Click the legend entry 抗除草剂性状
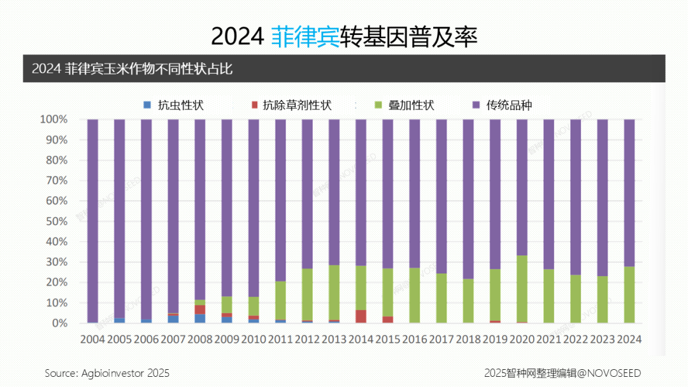tap(290, 105)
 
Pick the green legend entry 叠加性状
tap(404, 105)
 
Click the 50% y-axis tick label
tap(56, 222)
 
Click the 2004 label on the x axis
tap(92, 339)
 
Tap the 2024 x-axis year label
tap(629, 339)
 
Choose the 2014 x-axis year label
tap(361, 339)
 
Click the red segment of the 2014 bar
tap(361, 316)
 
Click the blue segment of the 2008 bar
tap(200, 319)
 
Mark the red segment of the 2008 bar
tap(200, 309)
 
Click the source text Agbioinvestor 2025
tap(107, 372)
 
